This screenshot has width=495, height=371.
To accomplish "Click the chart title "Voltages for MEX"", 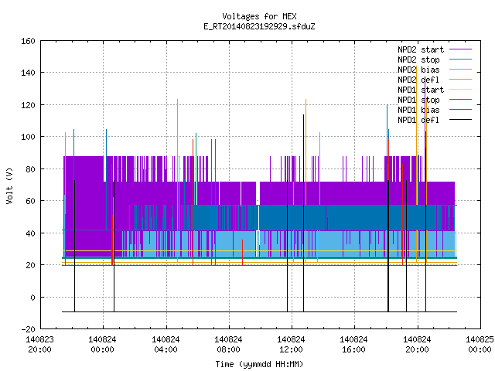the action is pyautogui.click(x=259, y=16).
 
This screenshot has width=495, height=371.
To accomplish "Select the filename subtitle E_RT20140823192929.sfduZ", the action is pyautogui.click(x=259, y=26).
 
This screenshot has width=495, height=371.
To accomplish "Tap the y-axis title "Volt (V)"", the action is pyautogui.click(x=9, y=185).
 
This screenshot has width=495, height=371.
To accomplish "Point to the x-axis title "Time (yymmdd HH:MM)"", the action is pyautogui.click(x=259, y=364).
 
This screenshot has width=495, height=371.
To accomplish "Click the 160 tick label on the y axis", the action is pyautogui.click(x=28, y=41).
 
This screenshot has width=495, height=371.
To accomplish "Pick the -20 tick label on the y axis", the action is pyautogui.click(x=28, y=329).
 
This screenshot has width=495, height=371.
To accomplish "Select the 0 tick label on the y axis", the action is pyautogui.click(x=32, y=298).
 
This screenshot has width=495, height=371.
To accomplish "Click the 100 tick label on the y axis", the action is pyautogui.click(x=28, y=138).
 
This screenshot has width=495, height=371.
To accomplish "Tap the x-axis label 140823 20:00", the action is pyautogui.click(x=39, y=345).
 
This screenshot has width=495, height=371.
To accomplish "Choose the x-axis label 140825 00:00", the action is pyautogui.click(x=480, y=345).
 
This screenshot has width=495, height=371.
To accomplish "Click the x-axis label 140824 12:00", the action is pyautogui.click(x=291, y=345).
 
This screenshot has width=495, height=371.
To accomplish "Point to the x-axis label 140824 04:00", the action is pyautogui.click(x=166, y=345).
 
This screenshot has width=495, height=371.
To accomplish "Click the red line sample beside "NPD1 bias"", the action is pyautogui.click(x=460, y=110).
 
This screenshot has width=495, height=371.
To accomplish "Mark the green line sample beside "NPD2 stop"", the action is pyautogui.click(x=460, y=59).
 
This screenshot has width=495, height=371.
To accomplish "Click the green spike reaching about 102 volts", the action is pyautogui.click(x=196, y=168).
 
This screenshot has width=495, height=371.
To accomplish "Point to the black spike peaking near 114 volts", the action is pyautogui.click(x=304, y=213).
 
